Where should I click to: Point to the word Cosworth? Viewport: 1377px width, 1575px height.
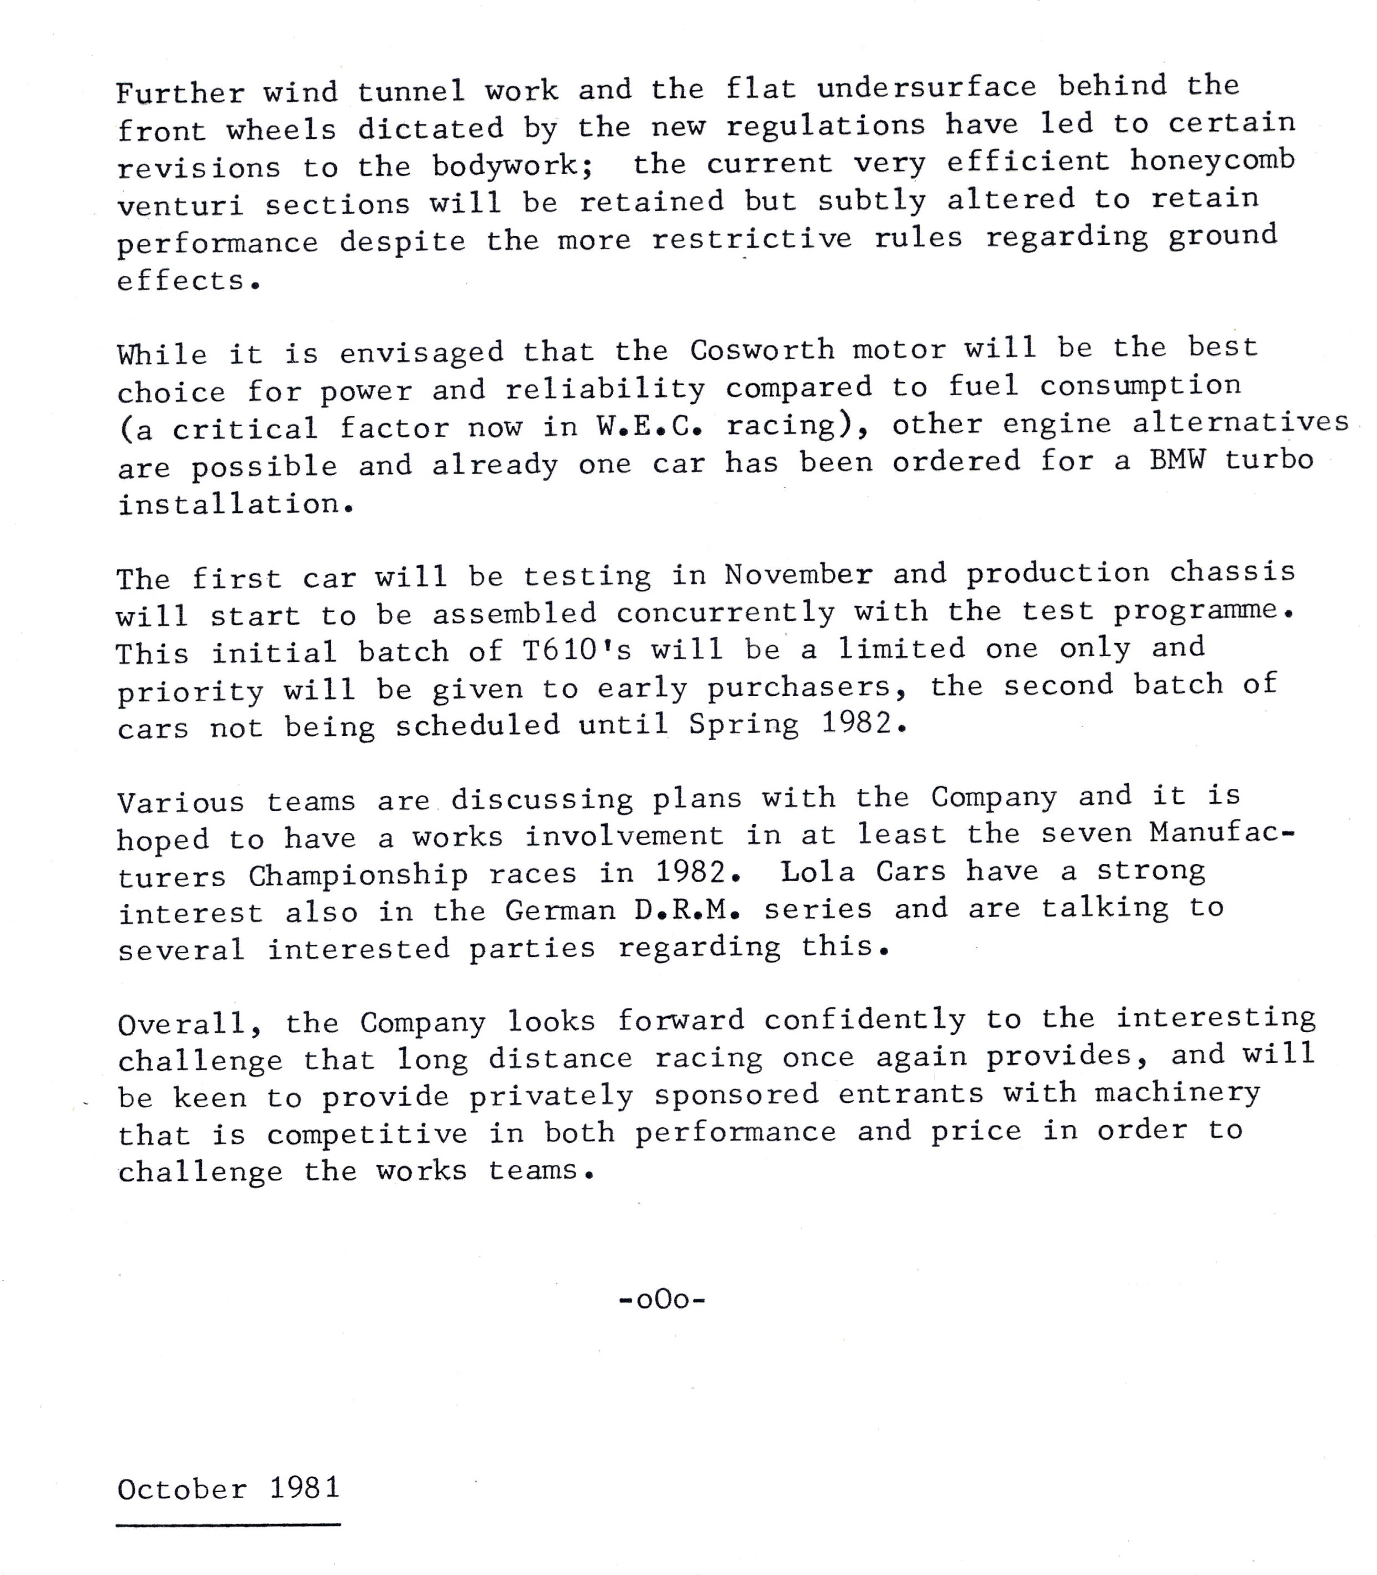[x=761, y=350]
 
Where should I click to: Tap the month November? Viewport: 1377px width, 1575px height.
[x=797, y=575]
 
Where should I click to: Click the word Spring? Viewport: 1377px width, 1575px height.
[x=743, y=724]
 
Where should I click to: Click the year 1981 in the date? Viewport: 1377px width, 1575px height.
[x=304, y=1488]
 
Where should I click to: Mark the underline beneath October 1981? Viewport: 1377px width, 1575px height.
[x=228, y=1524]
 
